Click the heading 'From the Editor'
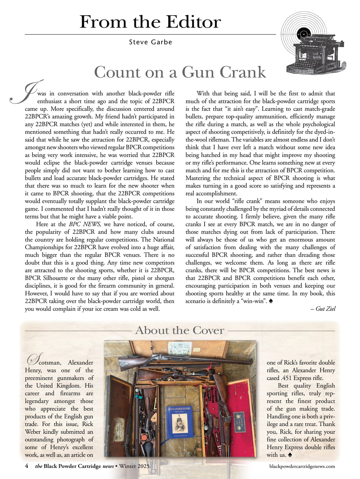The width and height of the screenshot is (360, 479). coord(150,22)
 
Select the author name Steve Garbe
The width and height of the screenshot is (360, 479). coord(150,42)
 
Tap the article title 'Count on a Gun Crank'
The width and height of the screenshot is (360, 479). coord(180,72)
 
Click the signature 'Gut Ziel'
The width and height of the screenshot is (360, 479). coord(325,309)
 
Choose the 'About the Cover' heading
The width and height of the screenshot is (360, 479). coord(180,331)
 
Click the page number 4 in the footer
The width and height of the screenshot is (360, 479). coord(27,466)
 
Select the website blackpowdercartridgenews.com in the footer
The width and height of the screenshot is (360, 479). coord(302,466)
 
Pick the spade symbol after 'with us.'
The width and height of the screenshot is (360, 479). coord(290,455)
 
